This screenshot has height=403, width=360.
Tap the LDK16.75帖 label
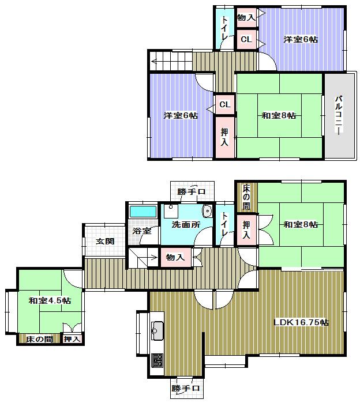(301, 323)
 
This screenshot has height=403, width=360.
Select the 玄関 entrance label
(104, 241)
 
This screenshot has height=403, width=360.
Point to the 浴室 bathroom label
(142, 231)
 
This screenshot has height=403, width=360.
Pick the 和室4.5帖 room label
(50, 300)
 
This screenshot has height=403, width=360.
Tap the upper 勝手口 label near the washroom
(192, 192)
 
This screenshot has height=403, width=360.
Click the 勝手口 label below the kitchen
(186, 389)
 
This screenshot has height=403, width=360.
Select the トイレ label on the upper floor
(225, 28)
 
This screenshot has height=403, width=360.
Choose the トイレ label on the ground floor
(224, 224)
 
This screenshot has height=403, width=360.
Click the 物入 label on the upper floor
(246, 18)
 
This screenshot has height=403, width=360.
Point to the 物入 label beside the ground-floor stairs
(175, 257)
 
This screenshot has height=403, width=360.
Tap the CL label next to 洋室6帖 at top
(246, 39)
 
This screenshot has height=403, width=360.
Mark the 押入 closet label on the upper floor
(224, 137)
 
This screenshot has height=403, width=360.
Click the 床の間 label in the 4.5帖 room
(39, 340)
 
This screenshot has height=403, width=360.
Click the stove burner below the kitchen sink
(157, 361)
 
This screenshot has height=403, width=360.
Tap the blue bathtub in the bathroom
(142, 211)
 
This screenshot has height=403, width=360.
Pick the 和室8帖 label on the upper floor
(279, 116)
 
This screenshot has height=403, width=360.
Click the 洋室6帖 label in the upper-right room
(301, 40)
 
